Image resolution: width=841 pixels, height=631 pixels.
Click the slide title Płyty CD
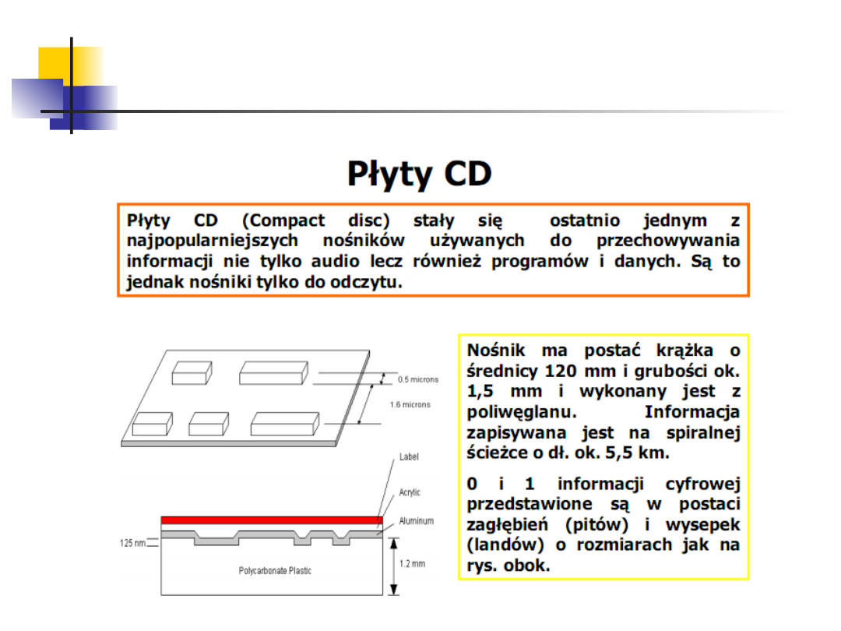click(420, 174)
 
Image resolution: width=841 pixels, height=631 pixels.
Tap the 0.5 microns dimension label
click(418, 379)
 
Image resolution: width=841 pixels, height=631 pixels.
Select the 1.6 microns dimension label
click(410, 404)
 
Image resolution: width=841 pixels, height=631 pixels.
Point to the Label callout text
click(409, 457)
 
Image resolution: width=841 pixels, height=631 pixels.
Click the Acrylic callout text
click(410, 492)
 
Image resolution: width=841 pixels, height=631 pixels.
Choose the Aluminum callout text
click(416, 521)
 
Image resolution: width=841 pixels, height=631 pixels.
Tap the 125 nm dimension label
click(132, 543)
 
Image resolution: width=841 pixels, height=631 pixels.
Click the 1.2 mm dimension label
click(412, 564)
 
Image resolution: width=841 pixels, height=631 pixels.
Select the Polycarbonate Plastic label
click(275, 571)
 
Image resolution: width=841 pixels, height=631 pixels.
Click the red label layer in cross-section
click(272, 520)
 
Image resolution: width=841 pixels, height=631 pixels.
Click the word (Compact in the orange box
click(283, 220)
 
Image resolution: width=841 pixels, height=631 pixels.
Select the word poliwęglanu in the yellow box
click(521, 412)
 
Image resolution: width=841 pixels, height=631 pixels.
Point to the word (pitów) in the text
click(596, 524)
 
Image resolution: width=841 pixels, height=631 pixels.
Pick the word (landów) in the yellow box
click(505, 545)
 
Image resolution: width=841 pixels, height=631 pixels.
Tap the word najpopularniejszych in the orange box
click(213, 241)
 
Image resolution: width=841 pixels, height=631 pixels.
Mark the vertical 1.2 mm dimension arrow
click(394, 566)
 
